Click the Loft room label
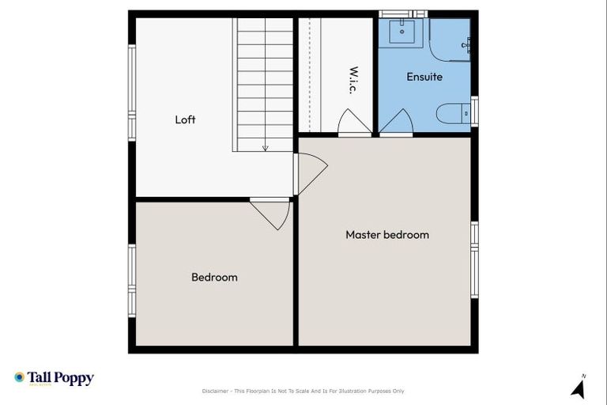coord(185,119)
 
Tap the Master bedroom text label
coord(387,235)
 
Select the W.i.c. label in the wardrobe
coord(353,80)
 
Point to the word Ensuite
coord(424,77)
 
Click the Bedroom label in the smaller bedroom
coord(214,277)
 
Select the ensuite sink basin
coord(403,32)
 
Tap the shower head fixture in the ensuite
coord(466,44)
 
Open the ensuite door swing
coord(395,122)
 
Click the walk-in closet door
coord(354,123)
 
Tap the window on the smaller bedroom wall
coord(132,280)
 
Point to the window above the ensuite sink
coord(403,13)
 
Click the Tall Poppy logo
coord(54,378)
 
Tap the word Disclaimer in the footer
coord(216,391)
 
